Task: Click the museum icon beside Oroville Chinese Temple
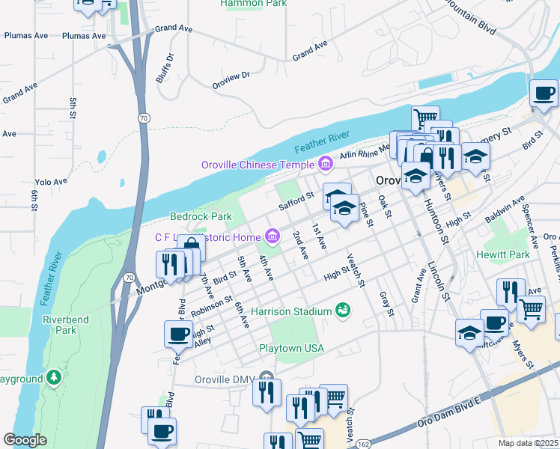click(325, 163)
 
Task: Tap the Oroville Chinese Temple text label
click(258, 164)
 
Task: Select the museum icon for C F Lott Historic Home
click(273, 238)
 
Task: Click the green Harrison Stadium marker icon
click(344, 310)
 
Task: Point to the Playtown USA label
click(291, 349)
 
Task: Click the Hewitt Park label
click(503, 254)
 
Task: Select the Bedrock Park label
click(200, 216)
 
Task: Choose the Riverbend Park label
click(60, 324)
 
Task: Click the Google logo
click(25, 440)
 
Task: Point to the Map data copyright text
click(529, 443)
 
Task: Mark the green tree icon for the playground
click(53, 376)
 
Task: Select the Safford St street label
click(296, 201)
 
